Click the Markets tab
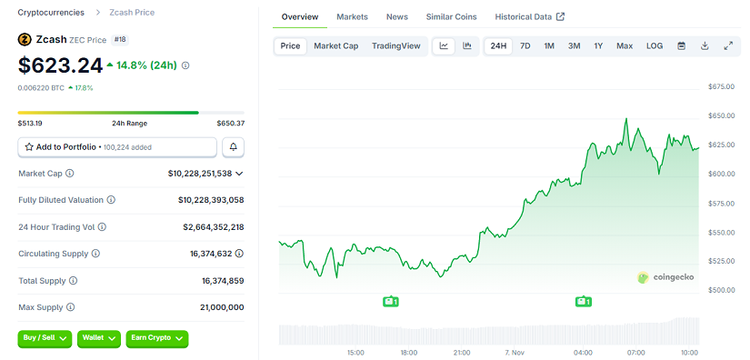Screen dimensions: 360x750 tap(352, 17)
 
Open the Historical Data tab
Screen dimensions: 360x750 tap(529, 17)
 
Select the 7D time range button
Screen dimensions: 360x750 tap(525, 45)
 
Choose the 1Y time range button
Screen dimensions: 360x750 tap(598, 45)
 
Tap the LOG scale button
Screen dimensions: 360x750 tap(655, 45)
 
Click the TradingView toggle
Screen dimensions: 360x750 tap(395, 45)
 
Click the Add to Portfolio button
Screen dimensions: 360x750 tap(117, 146)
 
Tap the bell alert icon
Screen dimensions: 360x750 tap(234, 146)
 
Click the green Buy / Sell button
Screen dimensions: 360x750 tap(45, 338)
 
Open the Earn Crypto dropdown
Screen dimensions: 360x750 tap(156, 338)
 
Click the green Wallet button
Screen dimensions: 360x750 tap(99, 338)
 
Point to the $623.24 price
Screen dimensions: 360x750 tap(61, 65)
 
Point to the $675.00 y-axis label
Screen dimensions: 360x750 tap(720, 87)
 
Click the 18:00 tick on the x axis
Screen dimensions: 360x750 tap(409, 352)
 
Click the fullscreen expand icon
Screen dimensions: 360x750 tap(727, 45)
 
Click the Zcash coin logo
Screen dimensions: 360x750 tap(25, 40)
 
